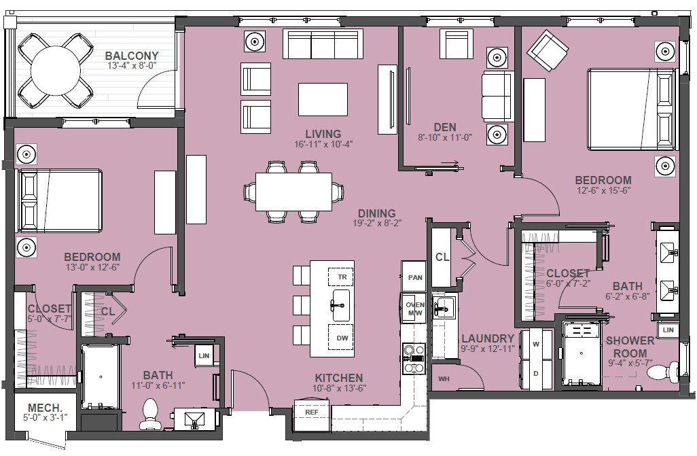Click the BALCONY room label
[x=132, y=56]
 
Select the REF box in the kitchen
[x=312, y=412]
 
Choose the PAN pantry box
[x=414, y=277]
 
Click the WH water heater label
[x=444, y=379]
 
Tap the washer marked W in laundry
[x=535, y=345]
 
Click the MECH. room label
[x=44, y=408]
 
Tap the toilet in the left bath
[x=149, y=413]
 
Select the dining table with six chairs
[x=293, y=192]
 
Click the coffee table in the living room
[x=323, y=99]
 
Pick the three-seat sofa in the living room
[x=323, y=44]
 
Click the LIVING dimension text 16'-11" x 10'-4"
[x=323, y=144]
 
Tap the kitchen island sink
[x=340, y=306]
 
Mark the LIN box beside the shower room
[x=668, y=330]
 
